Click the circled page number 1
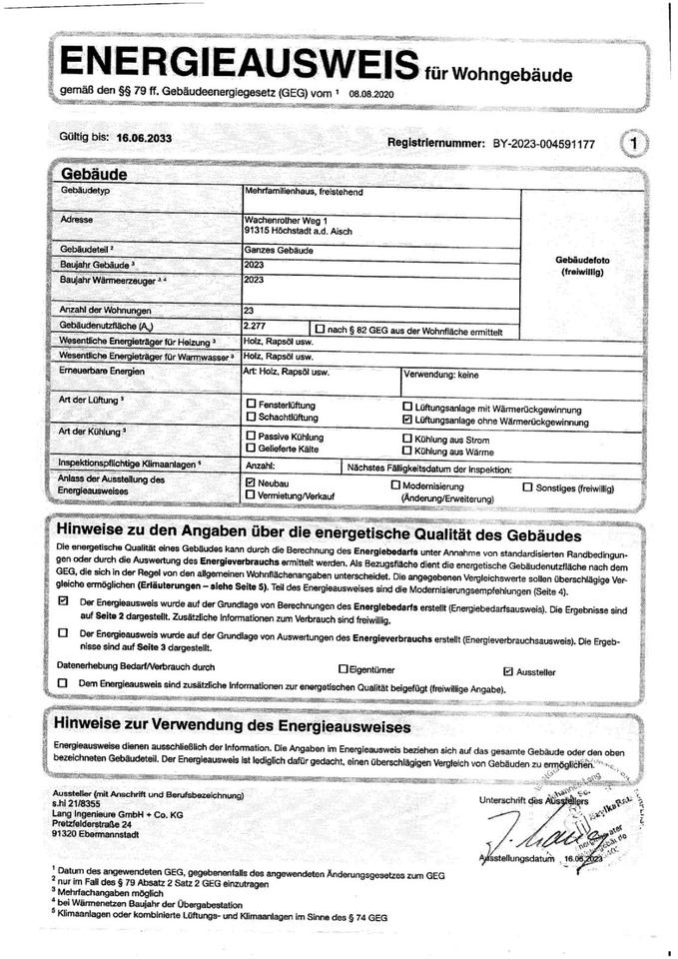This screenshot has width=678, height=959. (633, 145)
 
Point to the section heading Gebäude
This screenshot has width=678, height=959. (93, 174)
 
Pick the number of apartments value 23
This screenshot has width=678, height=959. (250, 310)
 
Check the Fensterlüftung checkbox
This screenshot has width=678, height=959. (251, 405)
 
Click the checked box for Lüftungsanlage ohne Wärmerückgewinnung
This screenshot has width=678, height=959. (406, 422)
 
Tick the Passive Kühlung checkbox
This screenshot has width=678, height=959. (251, 438)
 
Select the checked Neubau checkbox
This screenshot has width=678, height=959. (251, 481)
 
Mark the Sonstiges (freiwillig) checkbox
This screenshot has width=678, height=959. (527, 487)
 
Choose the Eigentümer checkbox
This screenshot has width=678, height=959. (343, 667)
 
